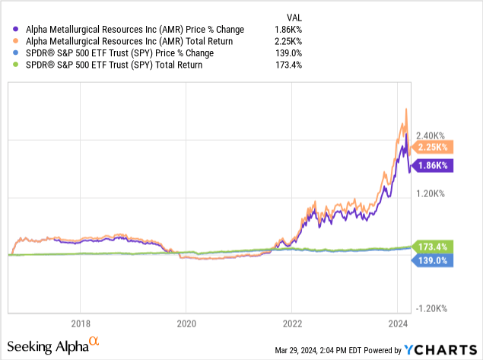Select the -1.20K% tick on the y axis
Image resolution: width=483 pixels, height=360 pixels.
434,308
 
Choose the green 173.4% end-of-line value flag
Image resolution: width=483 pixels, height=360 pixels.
434,246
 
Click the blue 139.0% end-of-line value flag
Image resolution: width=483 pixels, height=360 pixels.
434,260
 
